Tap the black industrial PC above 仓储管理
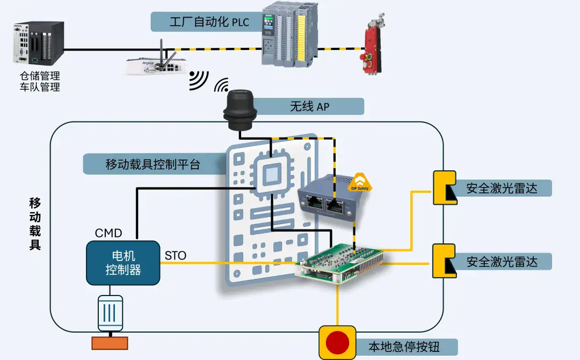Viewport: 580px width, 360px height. (39, 41)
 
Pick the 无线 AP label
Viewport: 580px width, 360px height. (310, 106)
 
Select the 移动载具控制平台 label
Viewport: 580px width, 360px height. (153, 164)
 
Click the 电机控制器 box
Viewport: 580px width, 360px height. (123, 263)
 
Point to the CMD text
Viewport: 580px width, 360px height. (108, 233)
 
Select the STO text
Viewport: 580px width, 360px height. (175, 255)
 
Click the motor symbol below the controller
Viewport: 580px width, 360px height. (110, 313)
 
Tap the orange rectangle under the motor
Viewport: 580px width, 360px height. (110, 342)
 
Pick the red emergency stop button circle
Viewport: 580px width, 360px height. (337, 342)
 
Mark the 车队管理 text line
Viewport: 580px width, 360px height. (39, 87)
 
